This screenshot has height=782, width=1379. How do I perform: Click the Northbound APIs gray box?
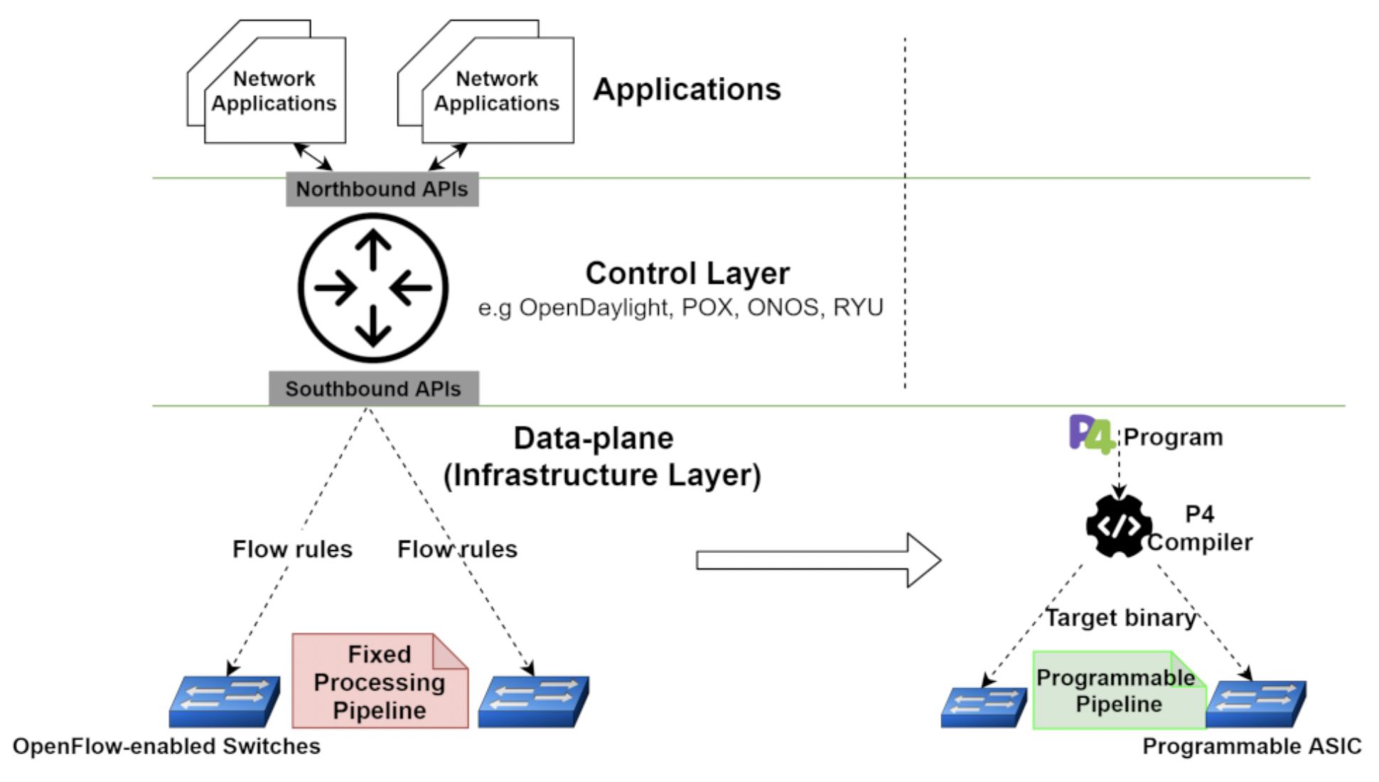point(382,189)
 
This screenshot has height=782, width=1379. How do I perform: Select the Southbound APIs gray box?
point(373,389)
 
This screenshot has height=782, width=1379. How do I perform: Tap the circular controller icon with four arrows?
point(373,288)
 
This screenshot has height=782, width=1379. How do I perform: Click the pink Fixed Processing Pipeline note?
point(380,682)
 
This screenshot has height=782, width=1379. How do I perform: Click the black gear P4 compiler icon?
point(1118,526)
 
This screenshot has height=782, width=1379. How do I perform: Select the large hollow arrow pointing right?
point(817,560)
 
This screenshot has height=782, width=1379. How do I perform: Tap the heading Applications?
point(687,90)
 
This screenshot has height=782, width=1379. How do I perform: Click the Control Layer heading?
point(687,274)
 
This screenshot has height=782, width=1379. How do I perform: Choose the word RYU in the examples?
point(858,308)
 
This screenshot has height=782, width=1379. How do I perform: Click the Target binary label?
point(1120,618)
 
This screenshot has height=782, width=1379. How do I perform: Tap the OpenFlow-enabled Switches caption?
point(166,746)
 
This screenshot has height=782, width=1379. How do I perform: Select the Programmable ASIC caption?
point(1251,746)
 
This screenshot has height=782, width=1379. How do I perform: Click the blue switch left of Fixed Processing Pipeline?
point(224,701)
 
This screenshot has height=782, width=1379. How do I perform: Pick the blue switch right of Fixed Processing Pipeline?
point(533,701)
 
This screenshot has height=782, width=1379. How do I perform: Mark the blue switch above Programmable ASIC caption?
point(1257,704)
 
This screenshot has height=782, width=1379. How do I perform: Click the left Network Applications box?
point(274,91)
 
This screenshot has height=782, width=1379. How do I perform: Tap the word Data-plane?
point(593,439)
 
